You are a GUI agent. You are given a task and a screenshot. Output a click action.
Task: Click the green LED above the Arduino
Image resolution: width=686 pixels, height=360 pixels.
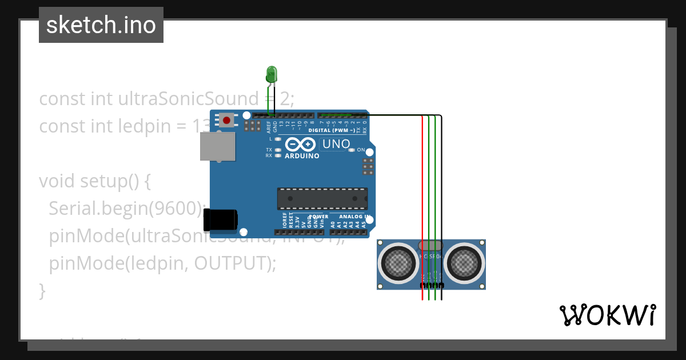[x=272, y=74]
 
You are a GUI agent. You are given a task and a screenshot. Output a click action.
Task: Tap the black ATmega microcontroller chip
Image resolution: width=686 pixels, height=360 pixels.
[x=322, y=198]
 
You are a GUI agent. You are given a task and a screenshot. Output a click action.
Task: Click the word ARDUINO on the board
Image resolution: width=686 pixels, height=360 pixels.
[x=301, y=156]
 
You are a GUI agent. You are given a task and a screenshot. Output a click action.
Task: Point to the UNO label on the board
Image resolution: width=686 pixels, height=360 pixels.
[x=336, y=144]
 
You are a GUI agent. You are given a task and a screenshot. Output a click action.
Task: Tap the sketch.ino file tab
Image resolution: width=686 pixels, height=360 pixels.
[x=101, y=25]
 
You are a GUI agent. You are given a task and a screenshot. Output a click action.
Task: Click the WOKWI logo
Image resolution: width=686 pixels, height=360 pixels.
[x=607, y=315]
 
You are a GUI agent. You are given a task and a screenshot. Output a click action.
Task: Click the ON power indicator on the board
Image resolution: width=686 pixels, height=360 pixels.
[x=361, y=150]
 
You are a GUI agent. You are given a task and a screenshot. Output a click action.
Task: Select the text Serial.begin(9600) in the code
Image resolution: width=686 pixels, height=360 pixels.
[x=126, y=209]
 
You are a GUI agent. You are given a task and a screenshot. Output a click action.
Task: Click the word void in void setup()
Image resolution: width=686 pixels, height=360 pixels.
[x=57, y=181]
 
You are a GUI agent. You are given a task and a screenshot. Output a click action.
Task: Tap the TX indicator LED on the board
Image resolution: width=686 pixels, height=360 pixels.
[x=278, y=150]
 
